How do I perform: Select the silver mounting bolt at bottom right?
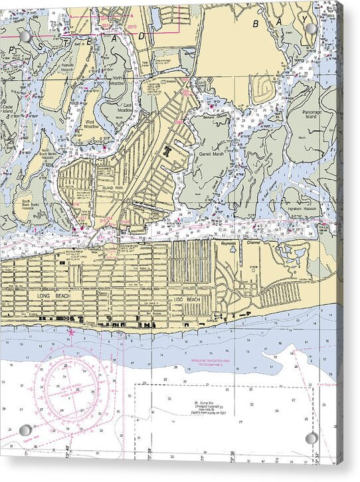click(312, 438)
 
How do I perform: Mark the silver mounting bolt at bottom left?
click(25, 430)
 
